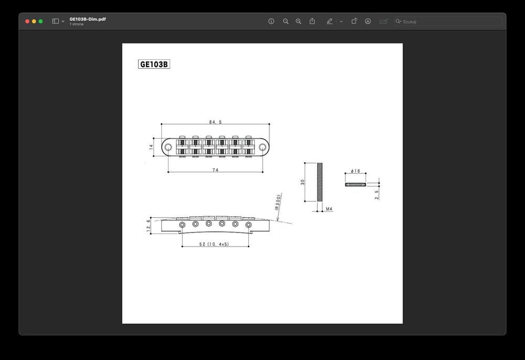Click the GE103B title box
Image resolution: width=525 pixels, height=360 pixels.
coord(154,65)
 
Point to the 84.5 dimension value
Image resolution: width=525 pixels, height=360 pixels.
coord(215,122)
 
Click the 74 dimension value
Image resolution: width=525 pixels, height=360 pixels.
coord(215,170)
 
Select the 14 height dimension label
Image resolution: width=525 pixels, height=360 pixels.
coord(151,147)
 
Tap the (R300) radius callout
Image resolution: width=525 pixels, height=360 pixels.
coord(278,202)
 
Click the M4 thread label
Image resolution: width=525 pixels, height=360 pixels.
coord(329,209)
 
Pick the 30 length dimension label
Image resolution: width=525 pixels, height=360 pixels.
coord(302,182)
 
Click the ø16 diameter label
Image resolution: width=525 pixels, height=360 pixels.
coord(355,171)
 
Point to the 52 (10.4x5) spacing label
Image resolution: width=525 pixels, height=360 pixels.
coord(214,245)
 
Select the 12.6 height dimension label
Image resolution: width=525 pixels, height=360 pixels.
coord(149,225)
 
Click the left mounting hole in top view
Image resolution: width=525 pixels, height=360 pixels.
coord(167,147)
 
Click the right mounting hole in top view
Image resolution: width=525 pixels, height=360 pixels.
coord(262,147)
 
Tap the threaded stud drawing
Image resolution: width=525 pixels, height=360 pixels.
coord(319,182)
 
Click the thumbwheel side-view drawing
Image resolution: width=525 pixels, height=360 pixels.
coord(355,184)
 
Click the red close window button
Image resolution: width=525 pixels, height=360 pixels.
coord(27,21)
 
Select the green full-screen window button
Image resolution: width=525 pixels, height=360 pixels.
coord(40,21)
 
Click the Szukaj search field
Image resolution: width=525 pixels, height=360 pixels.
coord(450,22)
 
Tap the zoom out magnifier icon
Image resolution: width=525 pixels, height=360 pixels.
coord(286,22)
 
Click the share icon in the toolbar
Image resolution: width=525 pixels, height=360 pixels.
coord(312,21)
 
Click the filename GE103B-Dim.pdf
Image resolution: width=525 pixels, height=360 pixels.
coord(88,19)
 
